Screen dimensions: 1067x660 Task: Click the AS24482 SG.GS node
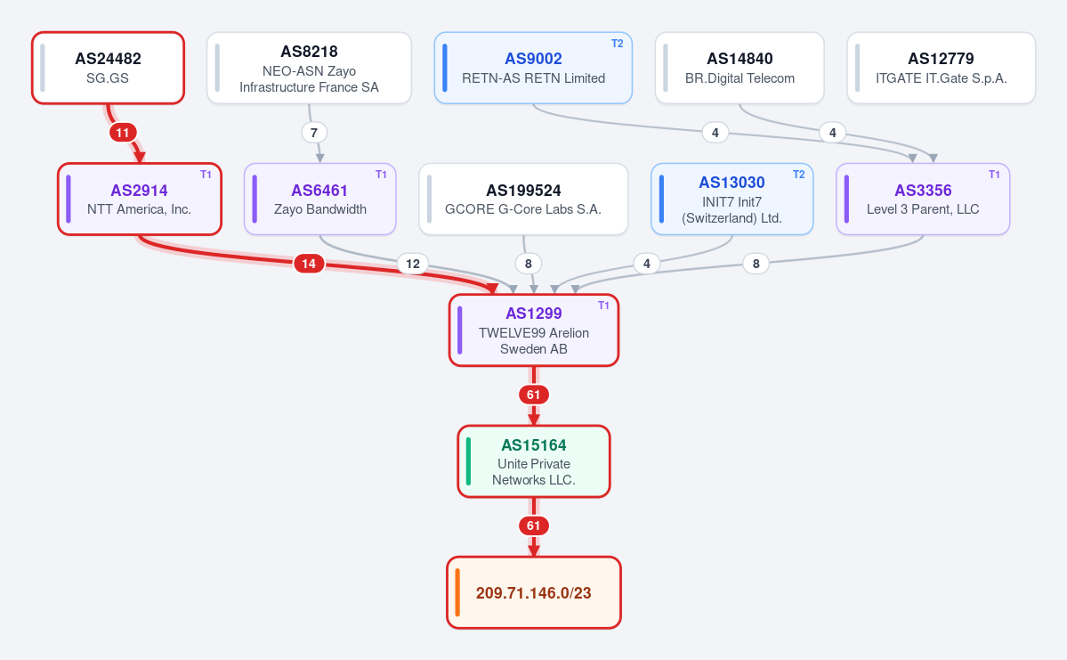(x=109, y=68)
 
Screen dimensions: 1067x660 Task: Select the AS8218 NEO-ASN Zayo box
(x=309, y=68)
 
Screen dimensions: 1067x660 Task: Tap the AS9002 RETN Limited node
(x=534, y=68)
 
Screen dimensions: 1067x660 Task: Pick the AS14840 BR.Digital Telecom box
(x=740, y=68)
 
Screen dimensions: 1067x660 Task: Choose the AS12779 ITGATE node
(x=942, y=68)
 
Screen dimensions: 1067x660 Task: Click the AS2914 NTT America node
(x=140, y=199)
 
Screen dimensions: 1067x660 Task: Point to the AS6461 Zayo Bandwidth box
(x=319, y=199)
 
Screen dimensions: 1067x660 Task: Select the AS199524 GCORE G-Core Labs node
(x=523, y=199)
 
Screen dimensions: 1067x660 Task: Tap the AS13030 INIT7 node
(x=732, y=199)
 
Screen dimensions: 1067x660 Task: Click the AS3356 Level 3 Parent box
(x=923, y=199)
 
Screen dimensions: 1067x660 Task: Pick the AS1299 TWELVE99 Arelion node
(x=534, y=330)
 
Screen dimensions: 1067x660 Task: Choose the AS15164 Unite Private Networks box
(x=534, y=461)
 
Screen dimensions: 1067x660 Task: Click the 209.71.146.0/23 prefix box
(x=534, y=592)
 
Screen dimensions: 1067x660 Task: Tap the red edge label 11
(x=123, y=132)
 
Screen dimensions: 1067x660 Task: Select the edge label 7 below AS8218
(x=314, y=132)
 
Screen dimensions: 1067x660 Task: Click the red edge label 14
(x=309, y=264)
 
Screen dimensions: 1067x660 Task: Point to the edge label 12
(x=413, y=264)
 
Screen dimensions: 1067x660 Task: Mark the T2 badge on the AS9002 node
(x=618, y=44)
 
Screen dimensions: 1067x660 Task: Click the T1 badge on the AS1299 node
(x=603, y=306)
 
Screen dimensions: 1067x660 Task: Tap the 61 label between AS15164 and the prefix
(x=534, y=526)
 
